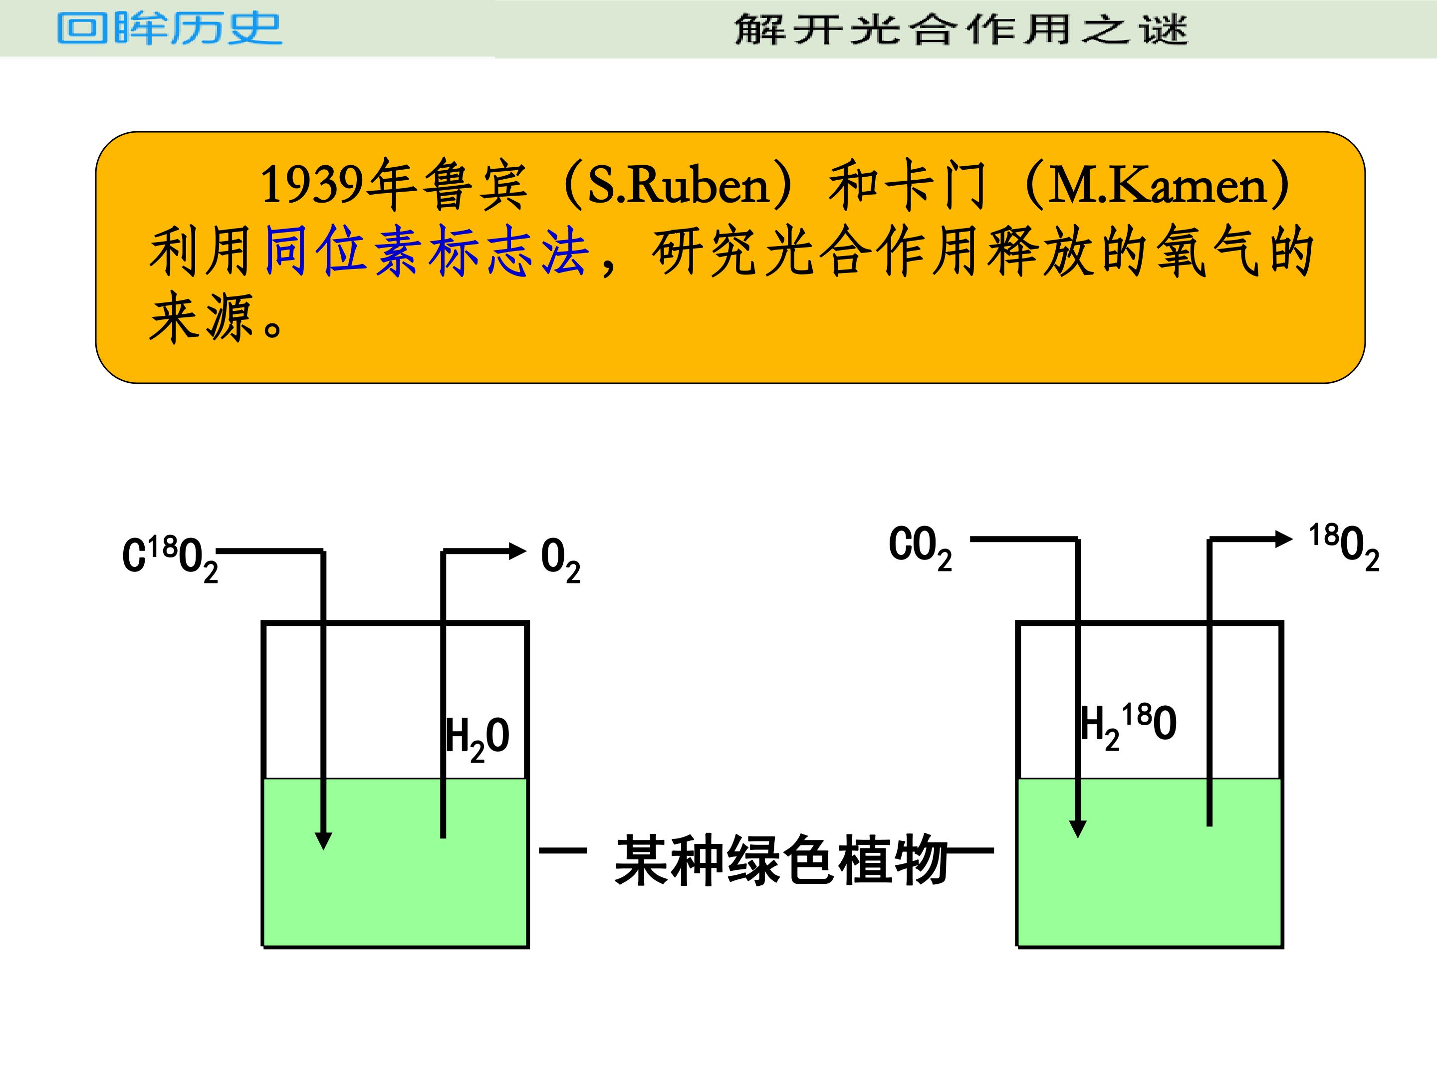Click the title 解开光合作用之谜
(961, 30)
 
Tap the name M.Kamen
(1157, 185)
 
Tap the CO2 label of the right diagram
(920, 549)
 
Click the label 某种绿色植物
(781, 860)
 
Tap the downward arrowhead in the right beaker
(1078, 828)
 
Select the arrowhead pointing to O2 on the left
(517, 551)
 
